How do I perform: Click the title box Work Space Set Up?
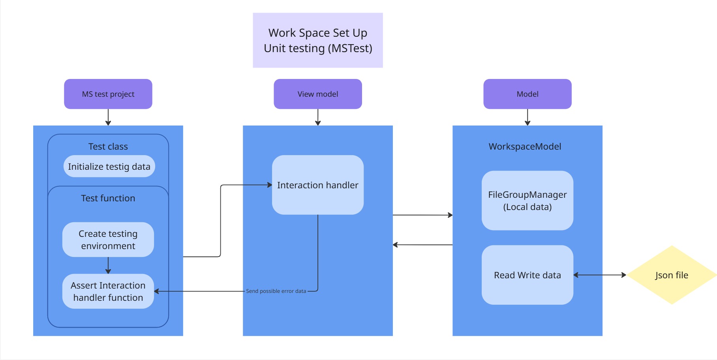click(318, 40)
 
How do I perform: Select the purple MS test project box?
click(108, 94)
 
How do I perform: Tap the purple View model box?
click(318, 94)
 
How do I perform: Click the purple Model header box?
click(527, 94)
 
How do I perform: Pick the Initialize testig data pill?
click(109, 166)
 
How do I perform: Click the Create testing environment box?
click(108, 240)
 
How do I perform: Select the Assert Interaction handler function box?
click(108, 291)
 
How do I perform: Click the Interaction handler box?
click(318, 185)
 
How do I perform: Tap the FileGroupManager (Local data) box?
click(527, 201)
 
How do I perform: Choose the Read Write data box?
click(527, 275)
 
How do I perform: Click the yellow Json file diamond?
click(672, 275)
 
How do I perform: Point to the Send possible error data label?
click(276, 291)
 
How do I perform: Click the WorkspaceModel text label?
click(525, 146)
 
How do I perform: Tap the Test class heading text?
click(108, 146)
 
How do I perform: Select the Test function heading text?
click(108, 198)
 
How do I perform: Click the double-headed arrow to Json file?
click(600, 275)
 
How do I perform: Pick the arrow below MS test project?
click(108, 117)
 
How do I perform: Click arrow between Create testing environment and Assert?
click(108, 265)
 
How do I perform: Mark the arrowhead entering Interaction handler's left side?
click(270, 185)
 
